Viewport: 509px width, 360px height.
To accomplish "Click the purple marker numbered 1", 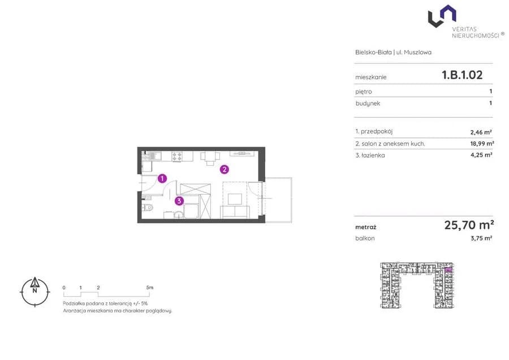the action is click(162, 178).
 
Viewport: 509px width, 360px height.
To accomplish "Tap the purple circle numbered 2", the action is click(225, 169).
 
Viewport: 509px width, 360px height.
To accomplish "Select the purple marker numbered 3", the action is click(179, 201).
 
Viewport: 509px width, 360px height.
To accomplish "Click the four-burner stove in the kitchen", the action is click(177, 157).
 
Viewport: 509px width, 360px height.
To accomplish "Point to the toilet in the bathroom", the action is click(148, 207).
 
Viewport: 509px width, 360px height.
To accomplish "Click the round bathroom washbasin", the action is click(178, 215).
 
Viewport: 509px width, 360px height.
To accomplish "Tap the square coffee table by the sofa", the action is click(235, 199).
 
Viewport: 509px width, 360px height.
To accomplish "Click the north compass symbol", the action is click(34, 292).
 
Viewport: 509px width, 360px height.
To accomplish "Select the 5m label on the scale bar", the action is click(149, 288).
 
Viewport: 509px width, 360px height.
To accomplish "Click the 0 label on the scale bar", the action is click(64, 288).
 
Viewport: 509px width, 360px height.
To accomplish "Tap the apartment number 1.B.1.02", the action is click(462, 75).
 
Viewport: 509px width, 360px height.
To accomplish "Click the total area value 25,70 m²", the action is click(469, 225).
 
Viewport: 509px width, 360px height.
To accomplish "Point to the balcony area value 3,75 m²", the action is click(481, 238).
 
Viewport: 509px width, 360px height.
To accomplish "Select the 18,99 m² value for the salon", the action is click(482, 143).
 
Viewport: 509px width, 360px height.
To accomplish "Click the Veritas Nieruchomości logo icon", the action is click(442, 16).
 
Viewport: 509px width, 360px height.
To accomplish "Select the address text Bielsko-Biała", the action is click(373, 52).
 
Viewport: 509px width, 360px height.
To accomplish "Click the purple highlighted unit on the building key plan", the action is click(448, 269).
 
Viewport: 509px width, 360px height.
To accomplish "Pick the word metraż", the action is click(365, 228).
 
